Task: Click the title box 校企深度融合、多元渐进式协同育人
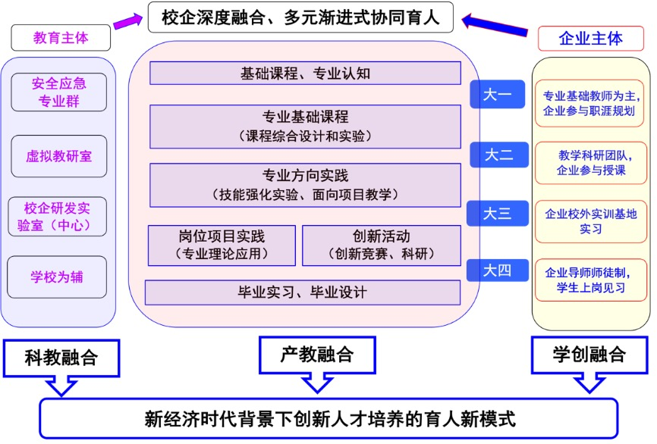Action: pos(300,17)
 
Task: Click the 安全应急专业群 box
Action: pos(58,92)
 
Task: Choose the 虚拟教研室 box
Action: pos(58,156)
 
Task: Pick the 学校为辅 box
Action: pos(58,277)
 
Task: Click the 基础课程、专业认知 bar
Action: pos(305,73)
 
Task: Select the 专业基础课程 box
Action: pos(305,127)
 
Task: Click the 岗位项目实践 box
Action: pos(222,245)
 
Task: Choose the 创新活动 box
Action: pos(381,245)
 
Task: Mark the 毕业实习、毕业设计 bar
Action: pos(302,292)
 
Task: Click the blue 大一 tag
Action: pos(498,95)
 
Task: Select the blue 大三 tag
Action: pos(498,214)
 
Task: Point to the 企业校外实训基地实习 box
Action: pos(590,220)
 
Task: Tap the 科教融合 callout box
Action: pos(61,356)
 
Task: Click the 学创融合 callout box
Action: pos(589,353)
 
